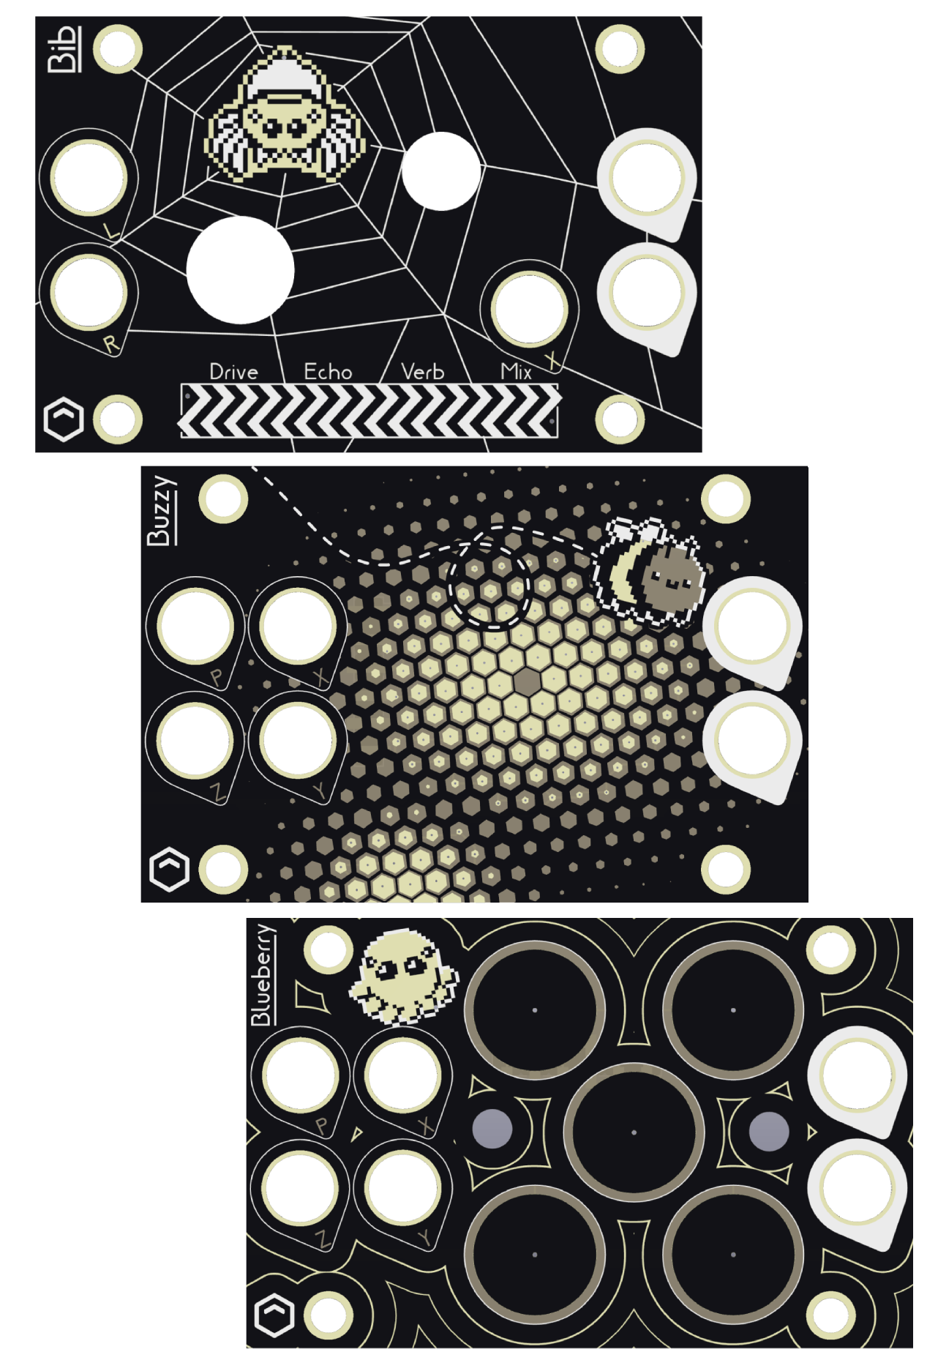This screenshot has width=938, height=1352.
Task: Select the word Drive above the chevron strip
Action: click(x=233, y=372)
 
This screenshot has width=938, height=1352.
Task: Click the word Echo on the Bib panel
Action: click(x=328, y=372)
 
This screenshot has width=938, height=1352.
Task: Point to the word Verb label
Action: click(x=422, y=372)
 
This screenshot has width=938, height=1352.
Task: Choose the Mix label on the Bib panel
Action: click(x=516, y=372)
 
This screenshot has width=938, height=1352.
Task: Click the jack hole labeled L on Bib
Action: click(x=89, y=179)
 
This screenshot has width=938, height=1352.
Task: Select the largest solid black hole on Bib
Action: click(x=240, y=269)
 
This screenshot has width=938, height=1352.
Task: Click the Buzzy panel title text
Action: click(x=162, y=510)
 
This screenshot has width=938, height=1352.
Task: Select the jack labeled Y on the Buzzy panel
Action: click(x=297, y=741)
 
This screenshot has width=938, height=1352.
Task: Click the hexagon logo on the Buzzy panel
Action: click(x=169, y=869)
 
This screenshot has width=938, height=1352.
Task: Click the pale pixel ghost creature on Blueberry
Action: click(x=402, y=976)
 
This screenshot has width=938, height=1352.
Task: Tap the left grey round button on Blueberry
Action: click(x=492, y=1128)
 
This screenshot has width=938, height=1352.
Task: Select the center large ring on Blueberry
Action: click(x=634, y=1132)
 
